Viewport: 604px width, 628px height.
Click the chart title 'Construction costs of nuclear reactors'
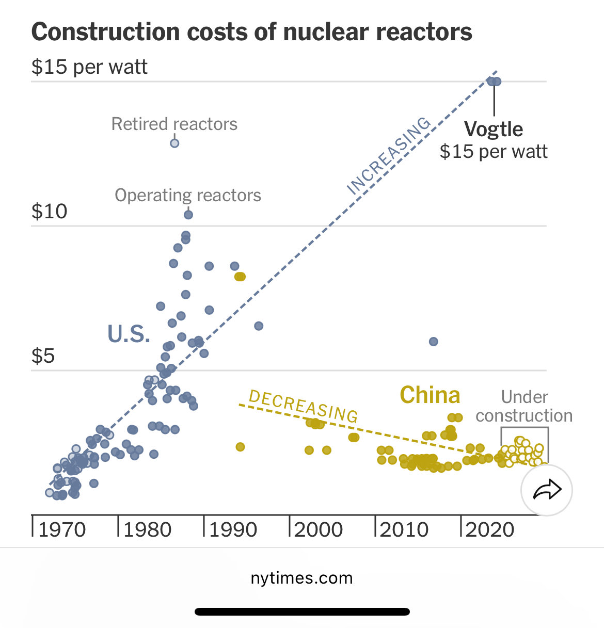[251, 32]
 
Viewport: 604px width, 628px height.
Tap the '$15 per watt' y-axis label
[89, 67]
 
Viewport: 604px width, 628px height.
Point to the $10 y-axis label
[50, 212]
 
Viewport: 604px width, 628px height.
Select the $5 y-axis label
[43, 356]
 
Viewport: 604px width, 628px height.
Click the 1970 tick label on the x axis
[62, 530]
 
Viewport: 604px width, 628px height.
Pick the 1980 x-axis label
[148, 530]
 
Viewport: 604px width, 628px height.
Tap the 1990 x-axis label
[233, 530]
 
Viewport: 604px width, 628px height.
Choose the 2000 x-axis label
[319, 530]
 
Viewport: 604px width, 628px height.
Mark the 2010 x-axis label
[405, 530]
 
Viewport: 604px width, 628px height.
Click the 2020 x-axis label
[490, 530]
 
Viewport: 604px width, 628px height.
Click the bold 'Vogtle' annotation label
[494, 129]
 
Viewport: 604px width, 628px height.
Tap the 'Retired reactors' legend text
[174, 124]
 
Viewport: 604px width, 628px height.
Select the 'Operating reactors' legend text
[188, 196]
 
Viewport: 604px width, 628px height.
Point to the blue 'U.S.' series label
[129, 334]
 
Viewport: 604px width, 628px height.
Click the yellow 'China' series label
[430, 395]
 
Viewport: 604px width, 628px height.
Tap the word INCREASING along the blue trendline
[388, 156]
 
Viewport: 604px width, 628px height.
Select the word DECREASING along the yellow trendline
[304, 407]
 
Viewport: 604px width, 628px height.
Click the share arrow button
[547, 490]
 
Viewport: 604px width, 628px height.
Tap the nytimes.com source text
[301, 578]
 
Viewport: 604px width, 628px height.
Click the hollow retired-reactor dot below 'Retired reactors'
[174, 143]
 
